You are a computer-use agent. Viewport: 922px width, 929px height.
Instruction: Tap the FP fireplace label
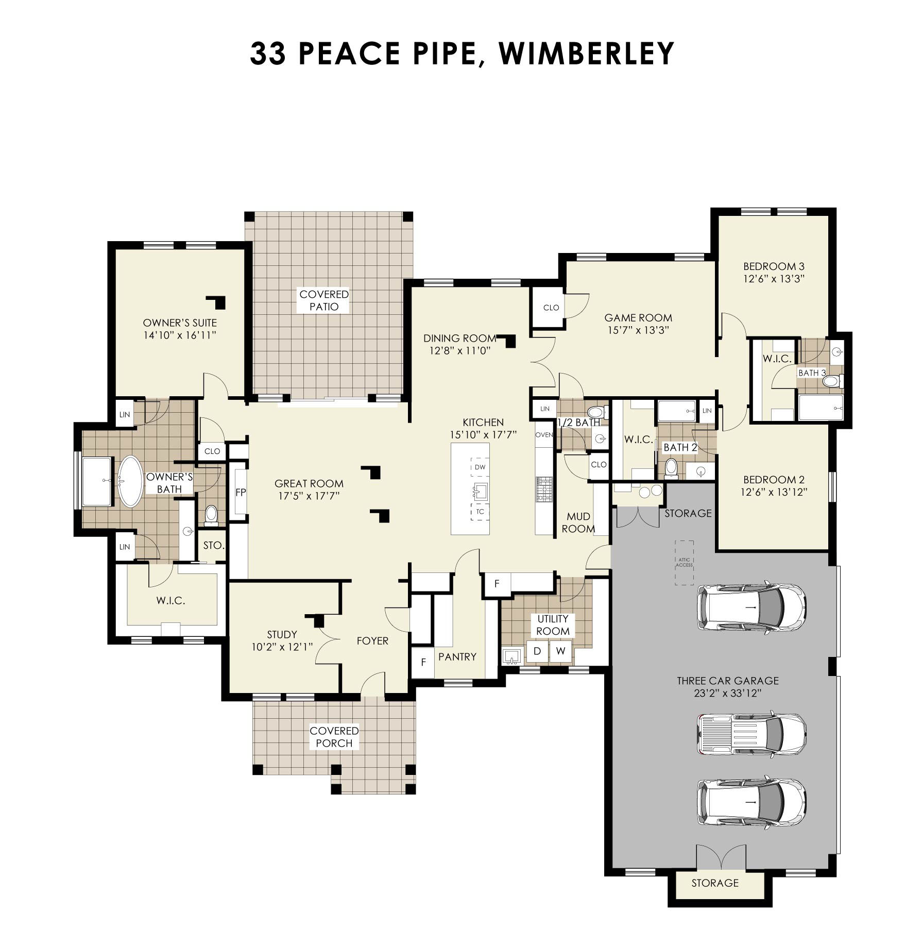[x=241, y=493]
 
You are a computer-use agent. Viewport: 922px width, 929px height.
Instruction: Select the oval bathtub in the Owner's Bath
[x=130, y=482]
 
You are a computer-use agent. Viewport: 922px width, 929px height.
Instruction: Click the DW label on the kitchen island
[x=480, y=467]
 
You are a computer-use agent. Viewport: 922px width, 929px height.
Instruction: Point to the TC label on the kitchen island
[x=480, y=512]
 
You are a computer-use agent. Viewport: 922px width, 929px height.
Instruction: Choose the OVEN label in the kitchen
[x=544, y=435]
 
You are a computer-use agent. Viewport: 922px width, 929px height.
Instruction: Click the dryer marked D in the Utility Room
[x=537, y=651]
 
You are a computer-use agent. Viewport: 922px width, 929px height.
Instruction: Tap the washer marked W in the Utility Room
[x=560, y=651]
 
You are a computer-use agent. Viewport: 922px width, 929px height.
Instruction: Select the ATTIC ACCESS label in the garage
[x=684, y=563]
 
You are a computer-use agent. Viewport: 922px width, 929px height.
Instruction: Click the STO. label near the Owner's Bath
[x=213, y=545]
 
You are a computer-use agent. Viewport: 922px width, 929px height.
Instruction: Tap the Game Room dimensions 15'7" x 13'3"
[x=638, y=330]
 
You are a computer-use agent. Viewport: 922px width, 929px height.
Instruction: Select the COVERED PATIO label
[x=324, y=300]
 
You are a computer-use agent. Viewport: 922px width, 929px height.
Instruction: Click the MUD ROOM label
[x=578, y=522]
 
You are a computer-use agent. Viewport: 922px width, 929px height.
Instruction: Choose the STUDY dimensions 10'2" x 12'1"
[x=282, y=647]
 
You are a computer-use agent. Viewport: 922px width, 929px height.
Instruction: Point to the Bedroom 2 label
[x=774, y=480]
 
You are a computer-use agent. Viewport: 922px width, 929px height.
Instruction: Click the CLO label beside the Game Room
[x=551, y=308]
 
